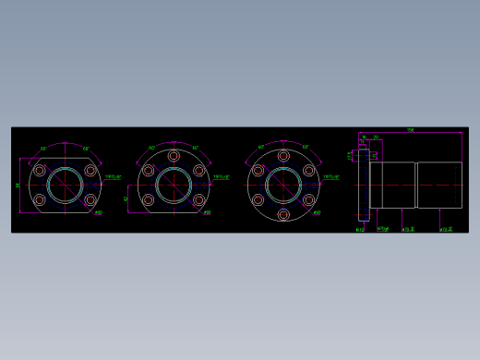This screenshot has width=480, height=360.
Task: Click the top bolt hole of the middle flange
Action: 174,156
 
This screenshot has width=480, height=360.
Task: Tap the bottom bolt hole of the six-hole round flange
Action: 283,214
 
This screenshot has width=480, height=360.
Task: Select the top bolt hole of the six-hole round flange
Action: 283,156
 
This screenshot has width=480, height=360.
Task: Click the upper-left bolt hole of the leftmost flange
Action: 39,171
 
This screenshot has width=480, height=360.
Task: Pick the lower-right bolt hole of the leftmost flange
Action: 90,199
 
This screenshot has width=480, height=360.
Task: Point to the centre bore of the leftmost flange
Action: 65,185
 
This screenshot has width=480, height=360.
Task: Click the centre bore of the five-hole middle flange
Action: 174,185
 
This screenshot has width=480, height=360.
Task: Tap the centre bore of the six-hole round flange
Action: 283,185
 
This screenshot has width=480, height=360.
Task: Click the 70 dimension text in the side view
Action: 376,137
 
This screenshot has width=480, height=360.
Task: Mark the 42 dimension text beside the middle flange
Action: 126,198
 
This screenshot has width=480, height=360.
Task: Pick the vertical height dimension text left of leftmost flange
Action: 18,185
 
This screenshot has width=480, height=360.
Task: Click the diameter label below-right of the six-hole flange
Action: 317,213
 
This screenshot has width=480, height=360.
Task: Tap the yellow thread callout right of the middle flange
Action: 222,176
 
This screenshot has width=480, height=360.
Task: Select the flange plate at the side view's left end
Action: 364,185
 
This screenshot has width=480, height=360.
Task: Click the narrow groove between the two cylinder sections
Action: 416,185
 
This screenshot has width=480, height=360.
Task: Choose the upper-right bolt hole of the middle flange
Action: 198,171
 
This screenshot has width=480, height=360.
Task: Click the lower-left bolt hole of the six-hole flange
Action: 258,199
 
